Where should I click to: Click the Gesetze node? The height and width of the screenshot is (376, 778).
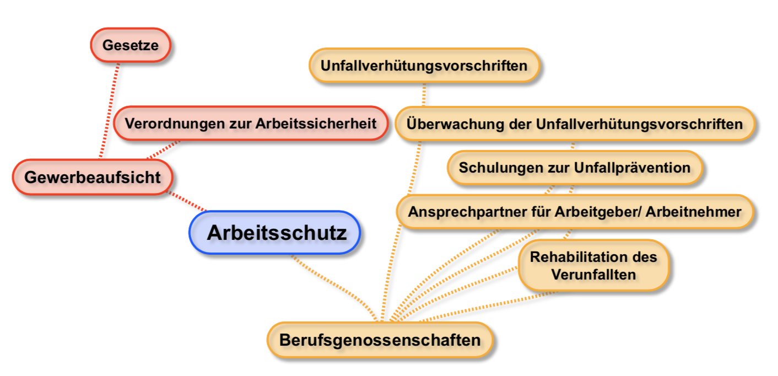(131, 45)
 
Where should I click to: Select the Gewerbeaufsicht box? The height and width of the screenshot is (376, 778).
(93, 177)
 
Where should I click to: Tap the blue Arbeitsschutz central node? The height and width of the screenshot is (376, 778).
(275, 233)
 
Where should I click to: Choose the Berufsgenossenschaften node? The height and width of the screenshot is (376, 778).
(380, 340)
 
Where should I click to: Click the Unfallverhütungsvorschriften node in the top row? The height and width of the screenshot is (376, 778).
(424, 65)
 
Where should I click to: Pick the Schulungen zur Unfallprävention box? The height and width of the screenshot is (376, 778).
(575, 168)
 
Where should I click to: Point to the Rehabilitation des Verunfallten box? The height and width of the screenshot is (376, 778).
(593, 266)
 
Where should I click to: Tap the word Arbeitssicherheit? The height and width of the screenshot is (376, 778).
(316, 123)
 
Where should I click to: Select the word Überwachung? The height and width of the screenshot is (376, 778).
(455, 124)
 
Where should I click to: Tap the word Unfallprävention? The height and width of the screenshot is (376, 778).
(632, 168)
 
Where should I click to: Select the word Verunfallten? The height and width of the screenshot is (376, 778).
(593, 275)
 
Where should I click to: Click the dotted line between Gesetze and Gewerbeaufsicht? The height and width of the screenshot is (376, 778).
(110, 110)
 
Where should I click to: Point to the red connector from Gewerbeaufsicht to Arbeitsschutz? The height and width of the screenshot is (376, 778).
(187, 202)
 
